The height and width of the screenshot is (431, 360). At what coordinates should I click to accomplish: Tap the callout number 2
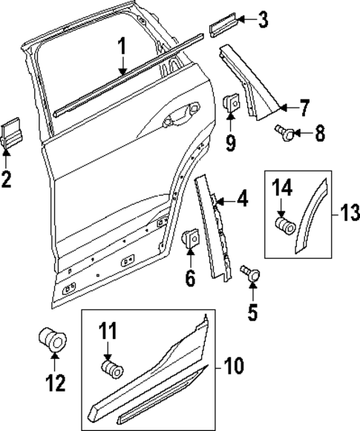7,179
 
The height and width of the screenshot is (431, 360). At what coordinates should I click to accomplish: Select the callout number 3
263,20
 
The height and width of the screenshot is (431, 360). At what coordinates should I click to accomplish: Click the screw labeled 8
283,132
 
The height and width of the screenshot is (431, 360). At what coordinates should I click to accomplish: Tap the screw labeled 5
252,275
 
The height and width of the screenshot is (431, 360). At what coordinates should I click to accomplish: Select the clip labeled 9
230,105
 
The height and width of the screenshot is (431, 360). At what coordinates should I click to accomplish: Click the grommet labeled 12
52,338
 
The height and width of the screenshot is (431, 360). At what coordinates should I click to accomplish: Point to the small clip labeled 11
111,367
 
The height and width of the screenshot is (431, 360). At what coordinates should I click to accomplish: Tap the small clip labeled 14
284,224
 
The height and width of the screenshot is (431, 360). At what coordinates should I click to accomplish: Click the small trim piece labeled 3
223,27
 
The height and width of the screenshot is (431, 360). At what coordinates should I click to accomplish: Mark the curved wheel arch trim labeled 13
312,215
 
